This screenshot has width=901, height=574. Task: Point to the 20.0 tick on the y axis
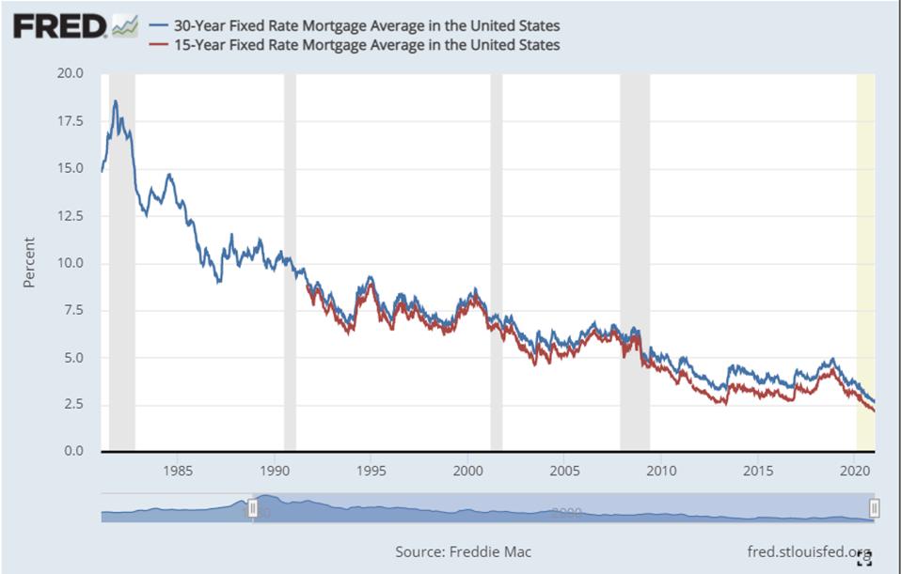coord(71,73)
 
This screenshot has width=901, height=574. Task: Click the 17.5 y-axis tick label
coord(71,121)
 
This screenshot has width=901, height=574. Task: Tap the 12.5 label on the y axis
coord(71,215)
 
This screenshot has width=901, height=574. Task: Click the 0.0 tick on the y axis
coord(72,452)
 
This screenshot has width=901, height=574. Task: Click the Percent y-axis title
coord(29,262)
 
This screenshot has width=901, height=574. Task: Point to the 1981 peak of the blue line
coord(115,101)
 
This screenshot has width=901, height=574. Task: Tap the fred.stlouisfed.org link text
coord(807,551)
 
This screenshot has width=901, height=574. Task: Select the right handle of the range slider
coord(875,508)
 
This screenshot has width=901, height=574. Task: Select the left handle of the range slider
coord(252,508)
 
